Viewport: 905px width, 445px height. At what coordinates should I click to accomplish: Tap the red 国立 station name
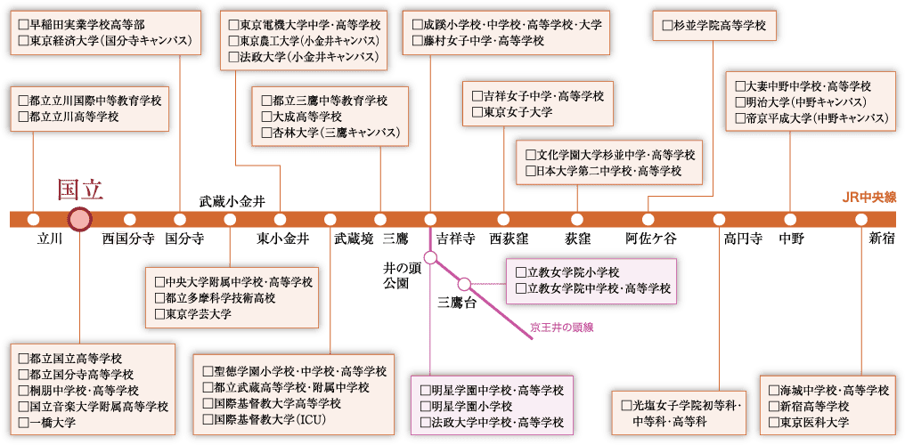[x=79, y=190]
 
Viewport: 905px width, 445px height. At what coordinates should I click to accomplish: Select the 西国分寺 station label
[x=129, y=238]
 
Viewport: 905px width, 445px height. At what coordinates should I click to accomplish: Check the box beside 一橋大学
[x=23, y=423]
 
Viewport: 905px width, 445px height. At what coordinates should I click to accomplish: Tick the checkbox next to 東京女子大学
[x=477, y=112]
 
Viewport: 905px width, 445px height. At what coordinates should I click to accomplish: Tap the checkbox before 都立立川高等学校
[x=23, y=117]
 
